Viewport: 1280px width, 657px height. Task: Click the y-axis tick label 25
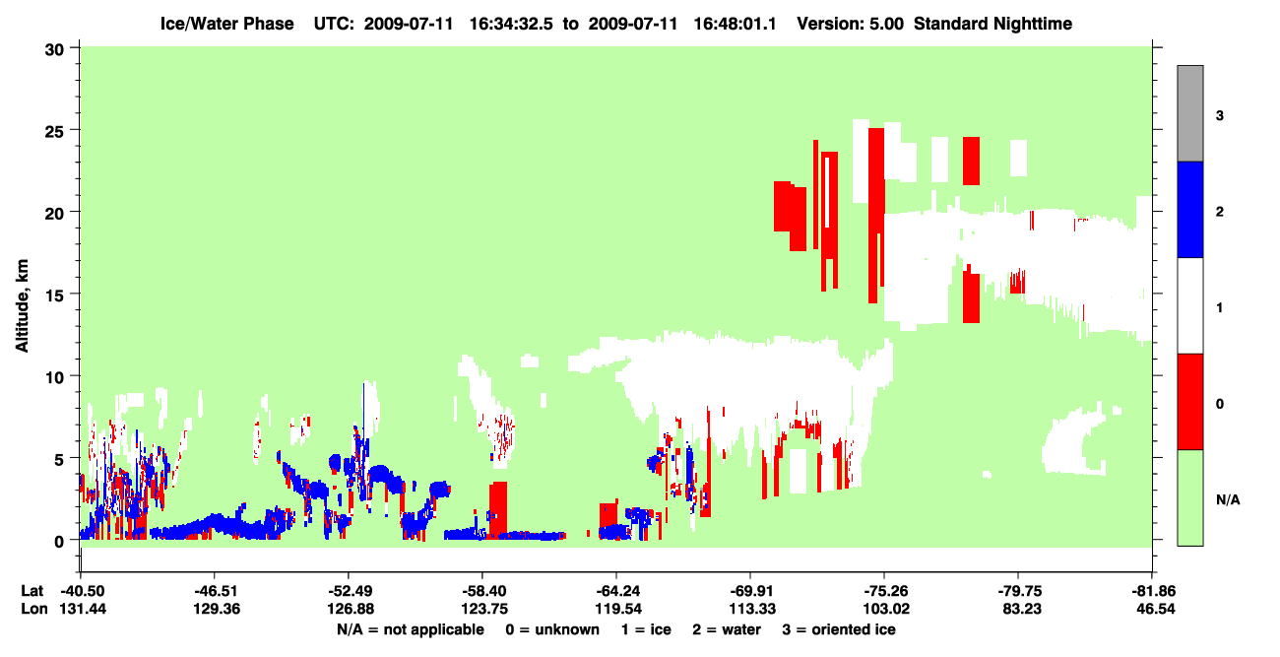point(54,131)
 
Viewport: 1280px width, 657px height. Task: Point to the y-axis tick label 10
point(54,377)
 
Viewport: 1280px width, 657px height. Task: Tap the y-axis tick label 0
point(59,542)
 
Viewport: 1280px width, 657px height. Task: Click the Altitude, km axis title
point(22,306)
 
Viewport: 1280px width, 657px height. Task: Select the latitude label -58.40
point(484,591)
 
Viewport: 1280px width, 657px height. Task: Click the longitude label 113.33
point(752,609)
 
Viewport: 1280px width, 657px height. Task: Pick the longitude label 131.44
point(83,609)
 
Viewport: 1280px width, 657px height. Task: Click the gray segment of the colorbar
point(1190,113)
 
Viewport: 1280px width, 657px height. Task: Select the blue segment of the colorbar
point(1190,209)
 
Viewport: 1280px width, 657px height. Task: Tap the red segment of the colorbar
point(1190,402)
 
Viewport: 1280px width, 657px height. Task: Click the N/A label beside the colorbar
point(1228,500)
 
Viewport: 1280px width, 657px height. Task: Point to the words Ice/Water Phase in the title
point(226,24)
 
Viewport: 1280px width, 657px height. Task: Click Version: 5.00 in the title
point(851,24)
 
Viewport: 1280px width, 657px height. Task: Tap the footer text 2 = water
point(727,629)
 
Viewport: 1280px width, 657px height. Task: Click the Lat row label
point(32,591)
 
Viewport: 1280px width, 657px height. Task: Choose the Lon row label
point(34,609)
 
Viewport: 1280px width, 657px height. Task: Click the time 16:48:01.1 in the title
point(735,24)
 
